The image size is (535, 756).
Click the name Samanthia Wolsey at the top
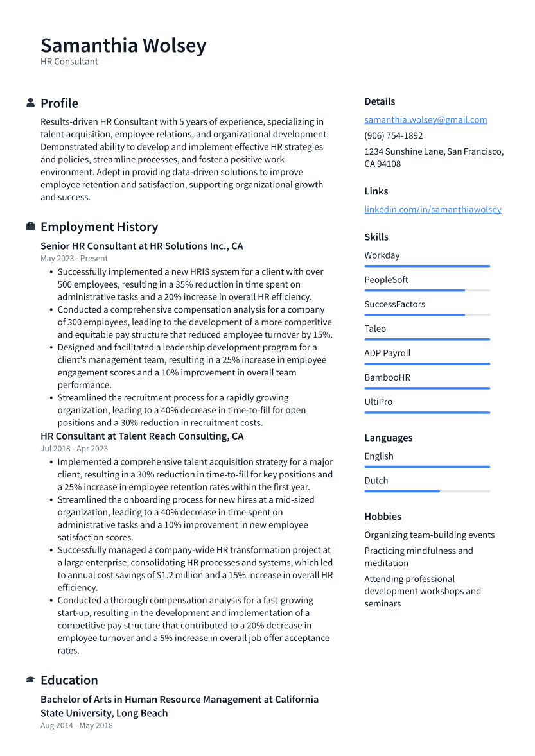(x=123, y=46)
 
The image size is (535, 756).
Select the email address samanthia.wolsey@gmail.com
(x=425, y=120)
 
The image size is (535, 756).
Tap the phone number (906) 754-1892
(x=393, y=136)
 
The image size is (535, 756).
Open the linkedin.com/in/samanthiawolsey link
(x=432, y=210)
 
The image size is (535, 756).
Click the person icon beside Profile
(x=30, y=103)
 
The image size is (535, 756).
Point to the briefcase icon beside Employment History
(x=30, y=227)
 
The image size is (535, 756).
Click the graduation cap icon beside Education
(x=30, y=680)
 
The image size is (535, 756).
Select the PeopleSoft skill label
(x=386, y=280)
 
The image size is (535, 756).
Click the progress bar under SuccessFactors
(x=426, y=315)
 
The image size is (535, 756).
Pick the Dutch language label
(x=376, y=481)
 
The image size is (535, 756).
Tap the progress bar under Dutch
(x=426, y=492)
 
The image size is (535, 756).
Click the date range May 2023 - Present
(x=74, y=259)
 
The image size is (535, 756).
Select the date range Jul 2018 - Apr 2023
(x=74, y=449)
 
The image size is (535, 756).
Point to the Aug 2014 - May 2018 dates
(x=76, y=726)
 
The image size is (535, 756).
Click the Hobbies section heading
(x=382, y=517)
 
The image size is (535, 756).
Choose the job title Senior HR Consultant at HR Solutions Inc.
(x=141, y=246)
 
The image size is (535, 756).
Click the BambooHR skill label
(x=387, y=377)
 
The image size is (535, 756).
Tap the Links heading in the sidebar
(x=376, y=191)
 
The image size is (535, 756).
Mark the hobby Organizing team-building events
(x=429, y=535)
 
